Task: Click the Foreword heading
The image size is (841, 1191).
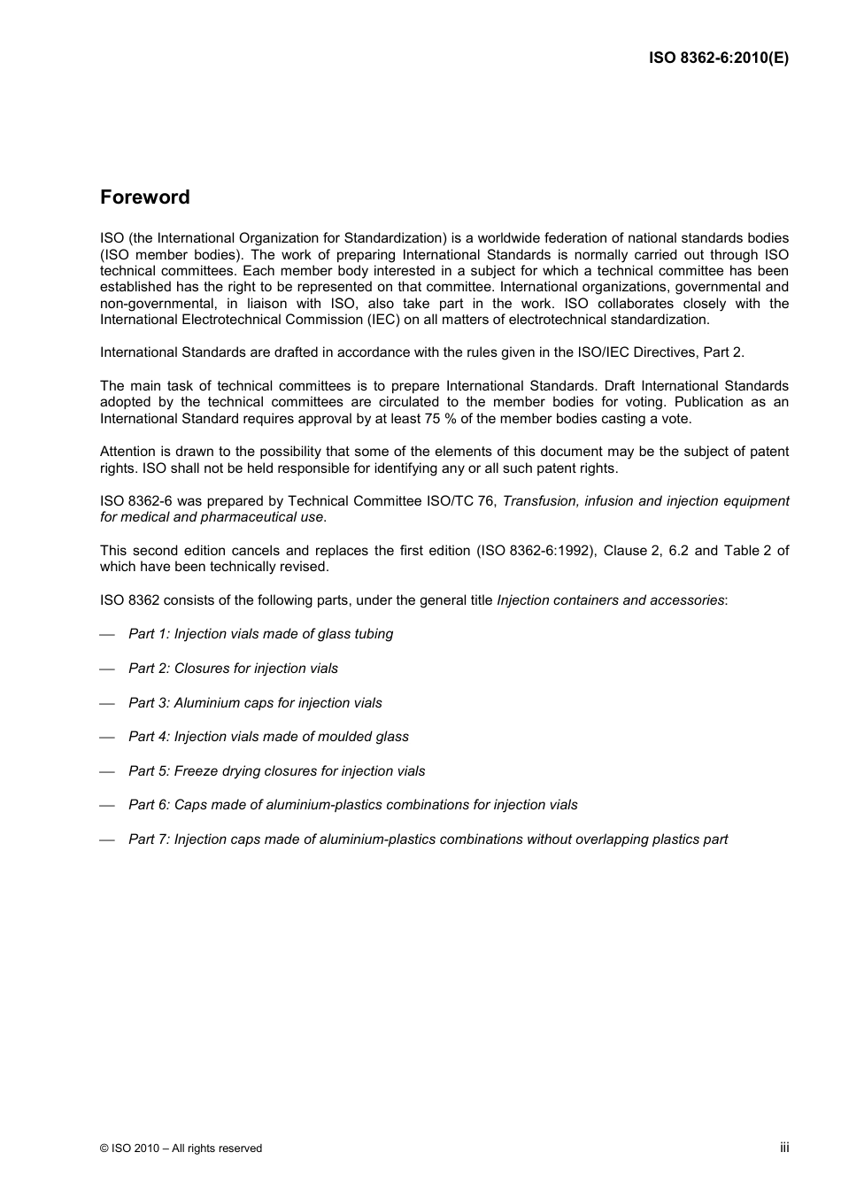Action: (144, 197)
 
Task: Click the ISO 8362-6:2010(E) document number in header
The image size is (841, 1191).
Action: (718, 58)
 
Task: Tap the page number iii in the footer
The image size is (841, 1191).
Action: (783, 1147)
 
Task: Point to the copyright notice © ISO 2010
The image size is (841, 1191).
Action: (181, 1148)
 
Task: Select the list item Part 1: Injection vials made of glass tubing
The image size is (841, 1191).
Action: (260, 634)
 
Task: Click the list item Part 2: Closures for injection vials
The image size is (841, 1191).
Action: (233, 669)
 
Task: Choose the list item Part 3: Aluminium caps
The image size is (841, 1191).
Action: (255, 703)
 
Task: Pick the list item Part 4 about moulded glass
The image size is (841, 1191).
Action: (268, 737)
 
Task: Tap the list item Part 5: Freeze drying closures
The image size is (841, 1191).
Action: (276, 771)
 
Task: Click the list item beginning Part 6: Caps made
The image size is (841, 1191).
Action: (352, 805)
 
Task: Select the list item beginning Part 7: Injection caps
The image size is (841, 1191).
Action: (428, 839)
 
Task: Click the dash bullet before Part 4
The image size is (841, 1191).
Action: (108, 738)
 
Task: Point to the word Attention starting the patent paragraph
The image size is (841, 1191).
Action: (128, 452)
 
